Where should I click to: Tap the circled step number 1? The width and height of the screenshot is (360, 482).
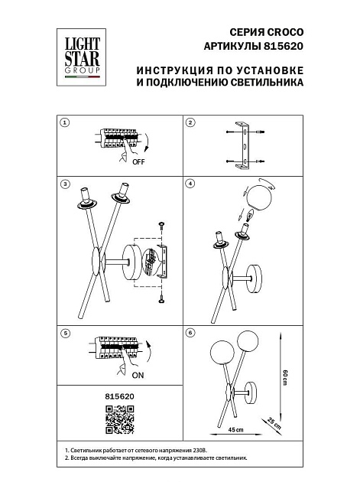[65, 122]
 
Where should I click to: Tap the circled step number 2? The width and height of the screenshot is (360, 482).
[190, 122]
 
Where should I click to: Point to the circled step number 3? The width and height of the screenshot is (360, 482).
[65, 184]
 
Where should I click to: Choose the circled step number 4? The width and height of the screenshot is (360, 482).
[190, 184]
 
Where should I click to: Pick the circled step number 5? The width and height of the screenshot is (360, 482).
[65, 334]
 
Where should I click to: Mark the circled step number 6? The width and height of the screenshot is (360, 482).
[190, 334]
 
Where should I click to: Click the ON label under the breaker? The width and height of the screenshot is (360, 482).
[138, 375]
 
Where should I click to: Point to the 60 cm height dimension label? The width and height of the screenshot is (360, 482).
[284, 378]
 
